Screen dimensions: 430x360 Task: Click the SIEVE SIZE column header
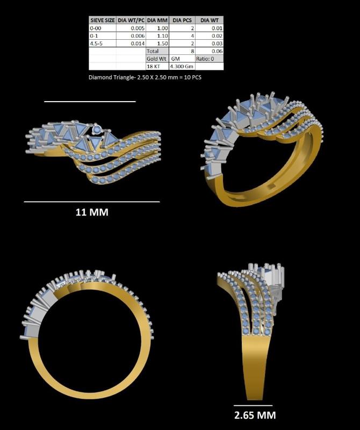pyautogui.click(x=102, y=20)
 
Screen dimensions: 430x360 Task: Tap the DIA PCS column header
pyautogui.click(x=182, y=20)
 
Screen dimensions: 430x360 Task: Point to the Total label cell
pyautogui.click(x=157, y=51)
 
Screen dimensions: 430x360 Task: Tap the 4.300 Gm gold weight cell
pyautogui.click(x=182, y=66)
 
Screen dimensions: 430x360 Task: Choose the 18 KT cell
pyautogui.click(x=157, y=66)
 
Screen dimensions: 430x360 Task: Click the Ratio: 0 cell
pyautogui.click(x=209, y=58)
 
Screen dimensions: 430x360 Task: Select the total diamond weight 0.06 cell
pyautogui.click(x=209, y=51)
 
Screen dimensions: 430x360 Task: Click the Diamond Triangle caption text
pyautogui.click(x=145, y=77)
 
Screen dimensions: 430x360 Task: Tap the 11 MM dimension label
pyautogui.click(x=92, y=212)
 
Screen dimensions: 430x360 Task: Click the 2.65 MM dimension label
pyautogui.click(x=255, y=415)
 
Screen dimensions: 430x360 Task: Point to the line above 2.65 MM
pyautogui.click(x=253, y=405)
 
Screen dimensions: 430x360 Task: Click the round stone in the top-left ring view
pyautogui.click(x=97, y=130)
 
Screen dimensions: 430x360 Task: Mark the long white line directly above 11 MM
pyautogui.click(x=92, y=202)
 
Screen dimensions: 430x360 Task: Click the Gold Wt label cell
pyautogui.click(x=157, y=58)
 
